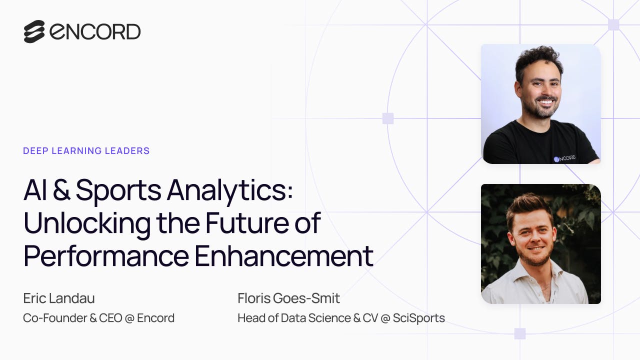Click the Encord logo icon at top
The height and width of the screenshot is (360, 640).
tap(34, 31)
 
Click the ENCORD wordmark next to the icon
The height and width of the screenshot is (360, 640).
tap(95, 31)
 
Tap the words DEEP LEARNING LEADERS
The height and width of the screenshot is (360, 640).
tap(86, 151)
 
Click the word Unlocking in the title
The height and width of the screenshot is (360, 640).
tap(87, 223)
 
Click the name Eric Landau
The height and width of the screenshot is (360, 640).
tap(59, 298)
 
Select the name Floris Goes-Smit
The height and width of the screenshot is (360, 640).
tap(289, 298)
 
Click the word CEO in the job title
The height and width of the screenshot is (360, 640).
tap(110, 318)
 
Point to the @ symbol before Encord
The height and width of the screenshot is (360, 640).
tap(129, 318)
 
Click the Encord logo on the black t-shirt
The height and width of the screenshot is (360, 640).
tap(564, 158)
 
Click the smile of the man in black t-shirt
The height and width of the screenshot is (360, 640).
tap(545, 101)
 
